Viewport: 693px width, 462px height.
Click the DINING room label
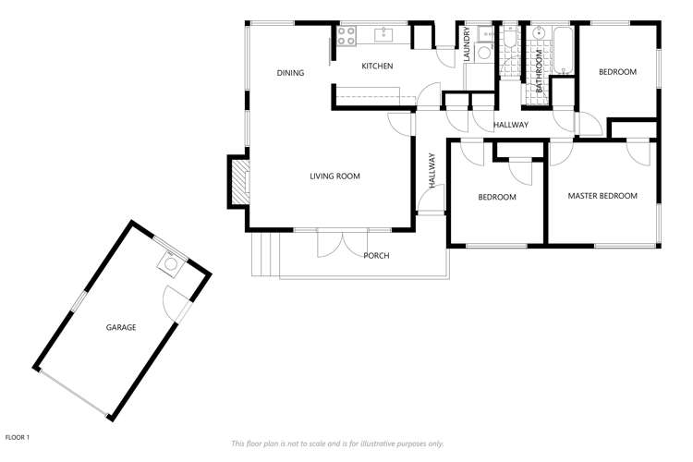tap(290, 73)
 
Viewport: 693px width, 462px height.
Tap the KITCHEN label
tap(377, 66)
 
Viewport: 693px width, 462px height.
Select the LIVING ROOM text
tap(334, 176)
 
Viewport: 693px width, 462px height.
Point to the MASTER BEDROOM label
tap(602, 196)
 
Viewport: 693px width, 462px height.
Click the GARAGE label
tap(121, 327)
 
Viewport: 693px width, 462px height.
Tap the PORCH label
tap(376, 256)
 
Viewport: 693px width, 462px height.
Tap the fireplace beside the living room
tap(238, 182)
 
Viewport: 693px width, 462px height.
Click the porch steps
tap(264, 255)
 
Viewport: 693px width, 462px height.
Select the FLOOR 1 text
tap(18, 436)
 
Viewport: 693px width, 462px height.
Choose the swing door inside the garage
tap(175, 302)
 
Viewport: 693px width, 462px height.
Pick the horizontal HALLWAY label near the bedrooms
tap(510, 125)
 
